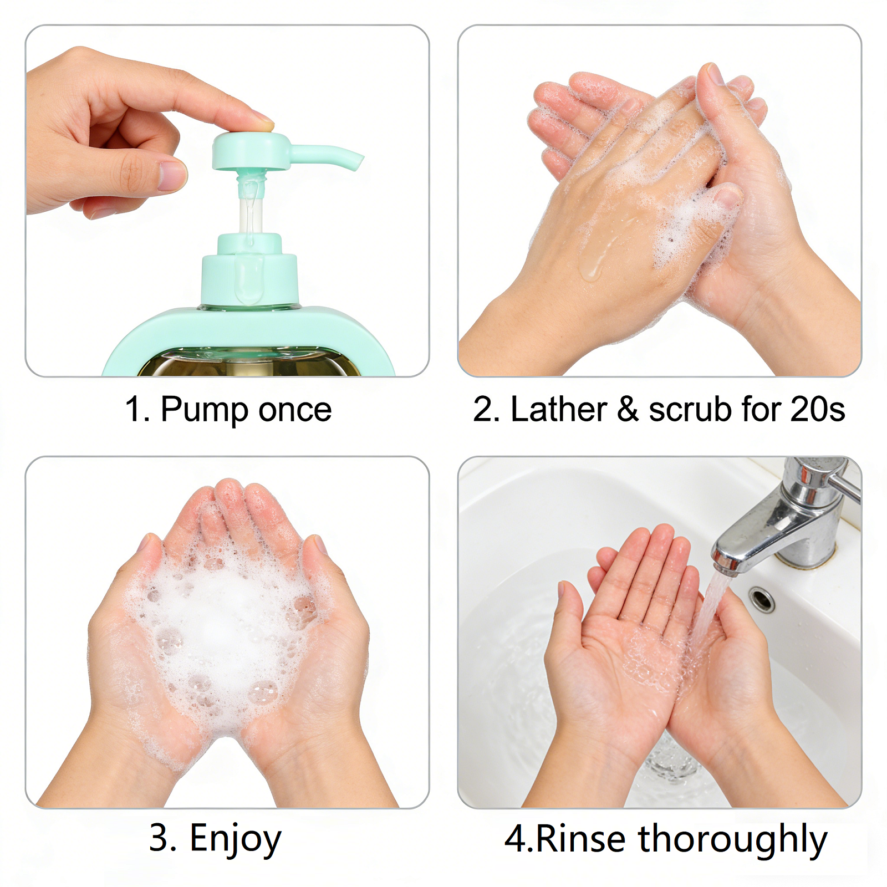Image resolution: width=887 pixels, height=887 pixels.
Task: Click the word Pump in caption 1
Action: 204,410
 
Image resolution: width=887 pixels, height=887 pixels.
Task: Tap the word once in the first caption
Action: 295,410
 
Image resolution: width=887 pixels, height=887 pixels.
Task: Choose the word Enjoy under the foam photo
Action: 236,839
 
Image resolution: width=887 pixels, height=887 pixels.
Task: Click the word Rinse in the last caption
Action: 581,838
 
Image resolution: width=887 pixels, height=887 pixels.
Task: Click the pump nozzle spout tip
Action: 357,161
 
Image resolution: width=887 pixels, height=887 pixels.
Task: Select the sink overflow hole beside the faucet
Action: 762,599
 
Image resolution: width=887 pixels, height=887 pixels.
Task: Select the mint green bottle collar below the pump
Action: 249,277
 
